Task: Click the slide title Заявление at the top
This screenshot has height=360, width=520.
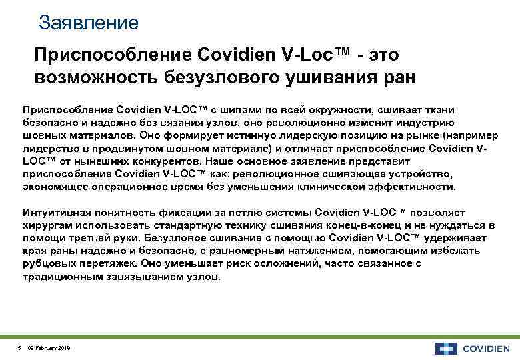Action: pos(89,23)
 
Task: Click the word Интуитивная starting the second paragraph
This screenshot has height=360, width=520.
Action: pos(55,213)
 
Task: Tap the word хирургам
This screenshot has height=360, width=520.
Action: pos(46,225)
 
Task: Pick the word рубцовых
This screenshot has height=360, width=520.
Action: pos(49,263)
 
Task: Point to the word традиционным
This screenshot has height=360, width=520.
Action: pos(58,276)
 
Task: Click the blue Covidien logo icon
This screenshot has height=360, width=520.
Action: pos(445,347)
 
